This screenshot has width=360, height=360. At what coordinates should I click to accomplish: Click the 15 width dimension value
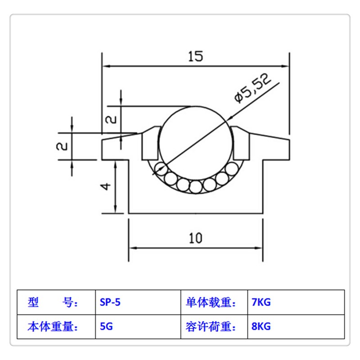pyautogui.click(x=195, y=56)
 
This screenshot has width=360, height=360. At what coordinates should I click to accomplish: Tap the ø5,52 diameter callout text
pyautogui.click(x=252, y=89)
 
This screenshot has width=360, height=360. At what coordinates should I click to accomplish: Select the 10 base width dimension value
pyautogui.click(x=196, y=238)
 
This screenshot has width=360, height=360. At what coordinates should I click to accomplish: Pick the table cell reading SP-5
pyautogui.click(x=110, y=302)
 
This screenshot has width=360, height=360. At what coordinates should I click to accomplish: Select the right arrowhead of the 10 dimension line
pyautogui.click(x=259, y=248)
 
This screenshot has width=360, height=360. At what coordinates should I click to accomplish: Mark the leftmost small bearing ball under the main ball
pyautogui.click(x=159, y=169)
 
